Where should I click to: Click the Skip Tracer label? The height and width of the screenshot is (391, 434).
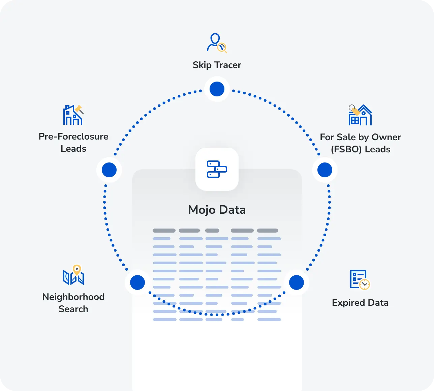tap(217, 65)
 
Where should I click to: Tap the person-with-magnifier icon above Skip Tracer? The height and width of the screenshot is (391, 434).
tap(217, 43)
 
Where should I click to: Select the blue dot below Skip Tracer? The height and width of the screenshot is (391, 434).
tap(217, 89)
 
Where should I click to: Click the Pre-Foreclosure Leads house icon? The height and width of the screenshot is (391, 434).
tap(73, 115)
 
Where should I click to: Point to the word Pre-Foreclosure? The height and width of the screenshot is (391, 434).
tap(73, 137)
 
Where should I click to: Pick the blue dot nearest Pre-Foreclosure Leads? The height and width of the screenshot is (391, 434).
tap(109, 170)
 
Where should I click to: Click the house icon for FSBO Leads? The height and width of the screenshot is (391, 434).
tap(360, 115)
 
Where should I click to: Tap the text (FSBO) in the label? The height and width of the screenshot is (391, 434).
tap(346, 149)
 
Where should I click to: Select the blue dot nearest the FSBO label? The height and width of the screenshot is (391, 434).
tap(325, 170)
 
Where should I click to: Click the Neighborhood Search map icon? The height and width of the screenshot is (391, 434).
tap(73, 274)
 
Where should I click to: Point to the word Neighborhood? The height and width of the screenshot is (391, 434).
tap(73, 297)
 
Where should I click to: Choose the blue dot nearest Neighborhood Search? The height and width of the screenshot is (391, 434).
tap(137, 282)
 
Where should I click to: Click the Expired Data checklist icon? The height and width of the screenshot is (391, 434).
tap(360, 280)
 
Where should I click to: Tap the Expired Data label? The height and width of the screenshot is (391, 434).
tap(360, 303)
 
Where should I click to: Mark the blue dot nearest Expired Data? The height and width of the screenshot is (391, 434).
tap(297, 282)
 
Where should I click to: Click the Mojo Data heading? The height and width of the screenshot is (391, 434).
tap(217, 210)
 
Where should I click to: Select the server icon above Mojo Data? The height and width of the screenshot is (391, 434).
tap(217, 169)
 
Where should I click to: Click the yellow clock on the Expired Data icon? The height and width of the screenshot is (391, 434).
tap(365, 284)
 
